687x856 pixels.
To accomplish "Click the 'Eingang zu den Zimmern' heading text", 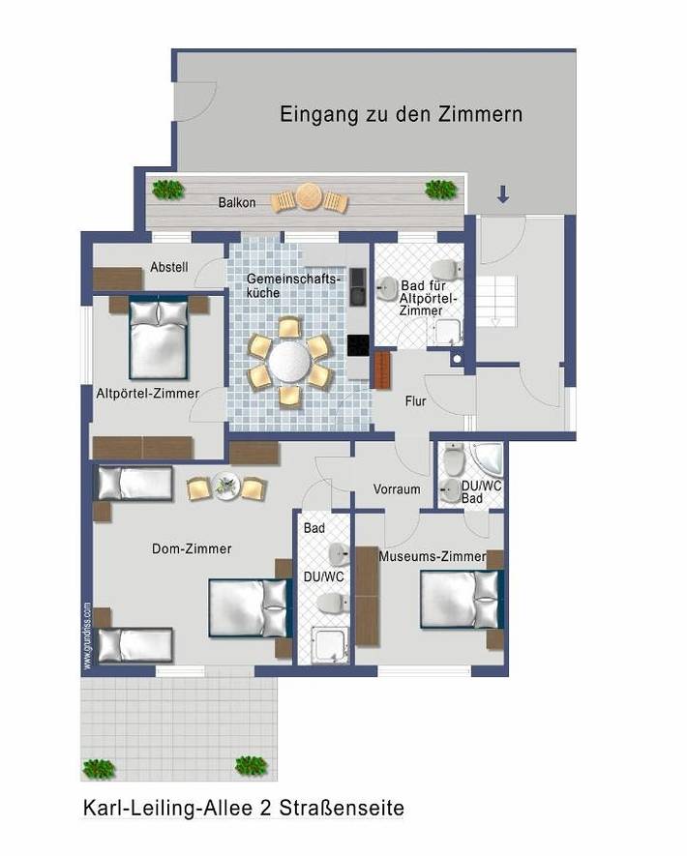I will pyautogui.click(x=401, y=114).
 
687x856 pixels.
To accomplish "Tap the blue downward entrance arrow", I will pyautogui.click(x=502, y=194).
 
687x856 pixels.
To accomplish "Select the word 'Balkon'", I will pyautogui.click(x=237, y=202).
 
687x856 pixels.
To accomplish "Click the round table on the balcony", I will pyautogui.click(x=309, y=197).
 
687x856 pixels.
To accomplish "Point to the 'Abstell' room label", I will pyautogui.click(x=168, y=267).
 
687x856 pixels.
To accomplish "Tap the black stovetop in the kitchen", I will pyautogui.click(x=358, y=344).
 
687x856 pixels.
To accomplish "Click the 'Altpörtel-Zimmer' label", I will pyautogui.click(x=147, y=394).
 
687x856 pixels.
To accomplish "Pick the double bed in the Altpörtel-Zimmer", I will pyautogui.click(x=159, y=338).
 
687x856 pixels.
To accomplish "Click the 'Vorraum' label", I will pyautogui.click(x=397, y=489).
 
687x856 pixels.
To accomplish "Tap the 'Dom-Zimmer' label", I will pyautogui.click(x=192, y=548).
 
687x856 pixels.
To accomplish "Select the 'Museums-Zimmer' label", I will pyautogui.click(x=432, y=557).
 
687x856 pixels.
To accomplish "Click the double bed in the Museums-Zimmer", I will pyautogui.click(x=462, y=600).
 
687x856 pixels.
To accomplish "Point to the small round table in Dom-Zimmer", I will pyautogui.click(x=225, y=486).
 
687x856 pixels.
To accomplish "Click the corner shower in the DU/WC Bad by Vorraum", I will pyautogui.click(x=482, y=459).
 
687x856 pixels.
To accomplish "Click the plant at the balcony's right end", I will pyautogui.click(x=440, y=190).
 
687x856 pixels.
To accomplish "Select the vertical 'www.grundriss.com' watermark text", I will pyautogui.click(x=86, y=635).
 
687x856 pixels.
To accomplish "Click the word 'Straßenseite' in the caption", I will pyautogui.click(x=350, y=808).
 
